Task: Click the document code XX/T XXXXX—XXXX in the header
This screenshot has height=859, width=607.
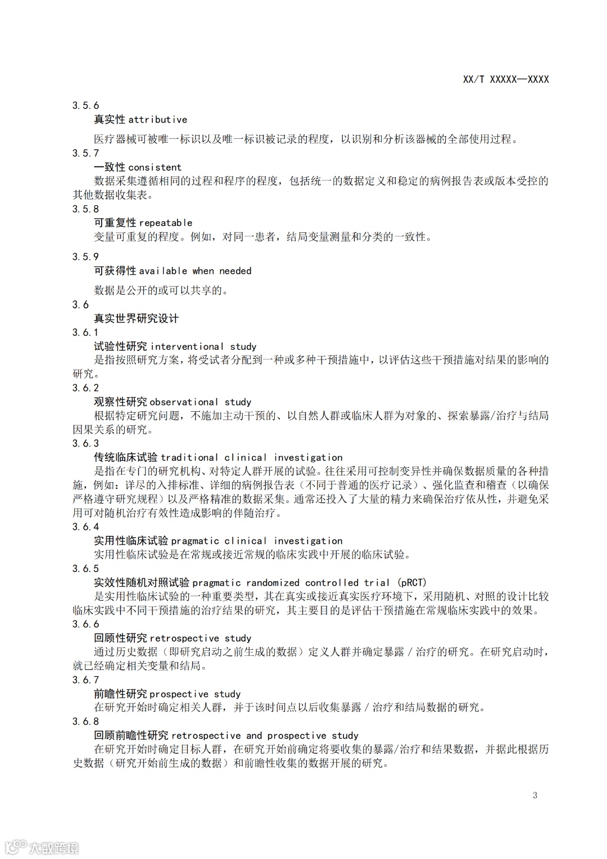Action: click(506, 79)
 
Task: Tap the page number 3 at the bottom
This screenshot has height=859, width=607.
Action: click(535, 795)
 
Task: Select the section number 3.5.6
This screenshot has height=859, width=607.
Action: click(85, 105)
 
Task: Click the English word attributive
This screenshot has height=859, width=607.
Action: click(158, 119)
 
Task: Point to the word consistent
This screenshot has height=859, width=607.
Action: click(155, 167)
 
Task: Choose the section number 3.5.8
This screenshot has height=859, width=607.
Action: click(85, 209)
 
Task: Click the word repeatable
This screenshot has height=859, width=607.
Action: click(166, 223)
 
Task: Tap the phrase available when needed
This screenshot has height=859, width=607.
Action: click(195, 271)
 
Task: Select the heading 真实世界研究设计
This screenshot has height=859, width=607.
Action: click(136, 318)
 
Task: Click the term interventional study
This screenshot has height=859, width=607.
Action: click(203, 347)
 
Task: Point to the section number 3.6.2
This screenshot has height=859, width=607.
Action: click(85, 388)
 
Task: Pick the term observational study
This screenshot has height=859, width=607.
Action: click(201, 402)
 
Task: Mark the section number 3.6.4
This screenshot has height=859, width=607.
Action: click(85, 527)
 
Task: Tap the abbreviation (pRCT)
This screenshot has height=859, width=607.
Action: click(412, 582)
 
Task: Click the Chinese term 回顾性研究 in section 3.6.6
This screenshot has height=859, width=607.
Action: click(120, 638)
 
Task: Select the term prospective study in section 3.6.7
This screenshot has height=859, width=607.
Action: click(195, 694)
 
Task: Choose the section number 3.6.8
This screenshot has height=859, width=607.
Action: click(85, 721)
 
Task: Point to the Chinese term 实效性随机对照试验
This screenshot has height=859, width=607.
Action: click(142, 582)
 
